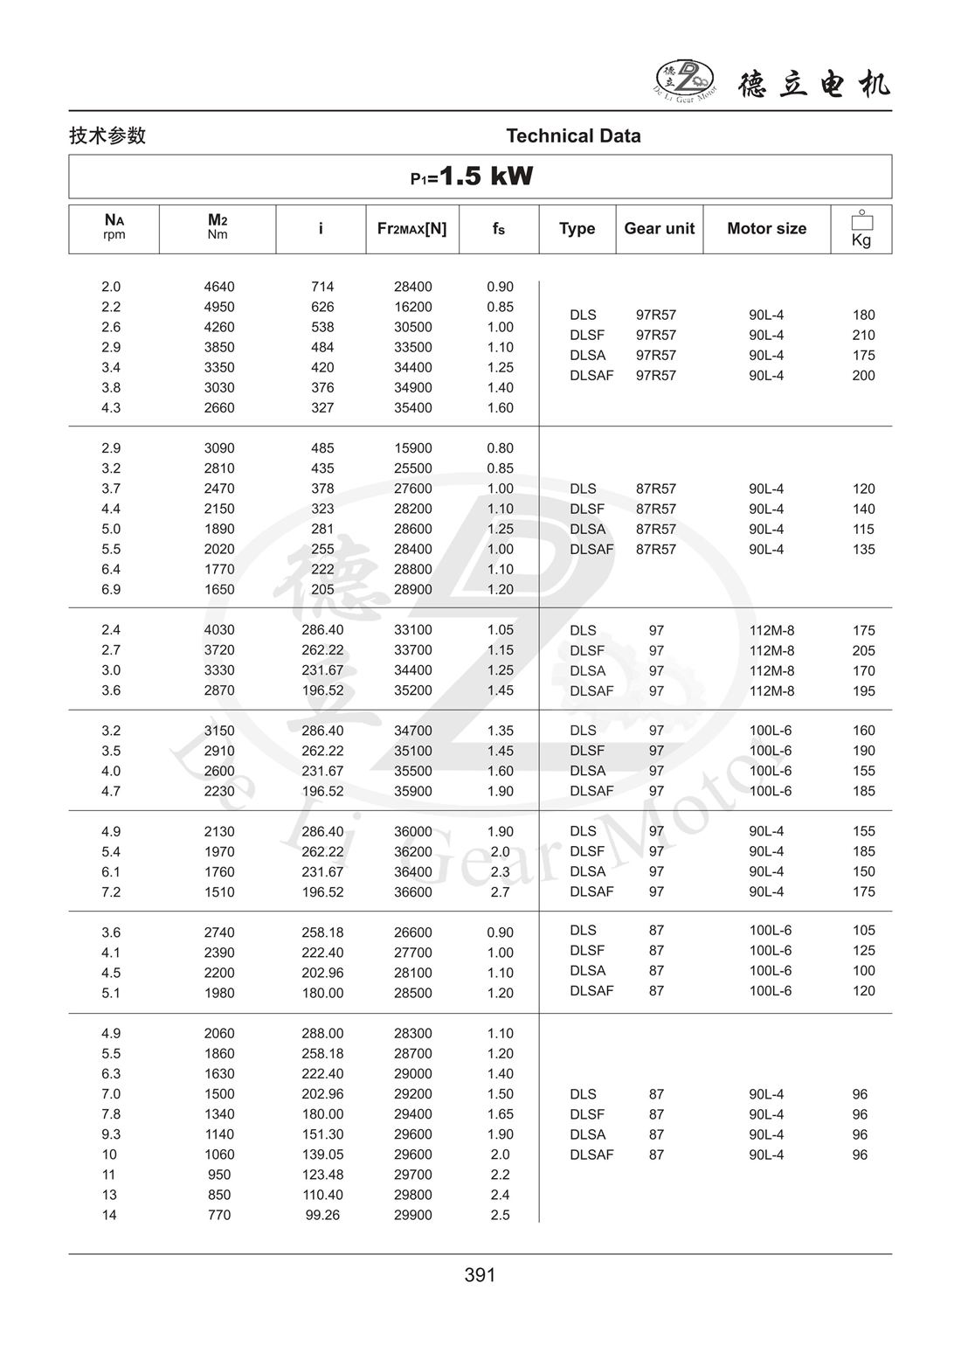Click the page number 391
[x=480, y=1275]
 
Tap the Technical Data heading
[x=573, y=135]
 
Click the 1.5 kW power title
[x=473, y=177]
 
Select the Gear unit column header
[x=659, y=228]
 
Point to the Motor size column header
[x=766, y=228]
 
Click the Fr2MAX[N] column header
[x=411, y=228]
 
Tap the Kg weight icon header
[x=861, y=229]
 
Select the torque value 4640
[x=219, y=287]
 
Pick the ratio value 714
[x=322, y=287]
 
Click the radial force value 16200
[x=412, y=307]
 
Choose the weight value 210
[x=863, y=335]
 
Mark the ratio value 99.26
[x=322, y=1215]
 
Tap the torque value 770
[x=219, y=1215]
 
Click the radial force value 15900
[x=412, y=448]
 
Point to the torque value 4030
[x=219, y=629]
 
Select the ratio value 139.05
[x=322, y=1154]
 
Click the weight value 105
[x=863, y=930]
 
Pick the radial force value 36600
[x=412, y=891]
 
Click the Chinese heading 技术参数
[x=107, y=135]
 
